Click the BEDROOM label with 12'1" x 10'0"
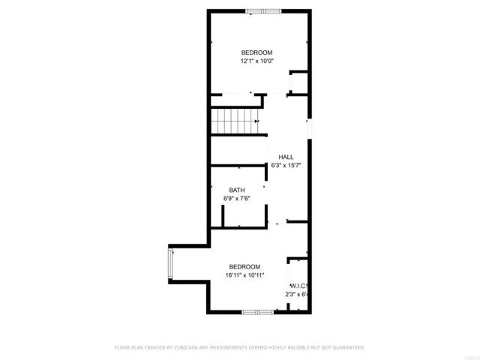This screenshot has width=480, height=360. click(x=256, y=52)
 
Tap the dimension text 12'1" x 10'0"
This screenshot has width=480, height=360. click(x=256, y=61)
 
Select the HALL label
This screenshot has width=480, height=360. click(x=286, y=156)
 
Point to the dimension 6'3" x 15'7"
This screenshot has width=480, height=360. click(x=286, y=165)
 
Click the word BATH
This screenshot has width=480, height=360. click(x=236, y=190)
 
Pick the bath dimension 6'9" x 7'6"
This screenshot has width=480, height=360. click(x=236, y=199)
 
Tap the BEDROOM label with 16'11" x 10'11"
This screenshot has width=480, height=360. click(x=244, y=267)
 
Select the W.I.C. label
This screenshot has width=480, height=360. click(x=298, y=286)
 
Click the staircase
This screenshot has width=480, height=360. click(x=234, y=120)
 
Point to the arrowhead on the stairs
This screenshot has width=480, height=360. click(x=257, y=120)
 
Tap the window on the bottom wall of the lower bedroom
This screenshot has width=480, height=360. click(x=256, y=310)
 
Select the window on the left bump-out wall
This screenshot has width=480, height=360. click(x=172, y=265)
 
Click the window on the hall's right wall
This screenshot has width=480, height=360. click(x=308, y=129)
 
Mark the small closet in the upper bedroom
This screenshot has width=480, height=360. click(x=298, y=81)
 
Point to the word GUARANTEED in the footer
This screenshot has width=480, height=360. click(x=349, y=348)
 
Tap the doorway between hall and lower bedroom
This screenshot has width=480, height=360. click(x=277, y=222)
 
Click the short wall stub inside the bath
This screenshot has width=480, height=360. click(x=223, y=215)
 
